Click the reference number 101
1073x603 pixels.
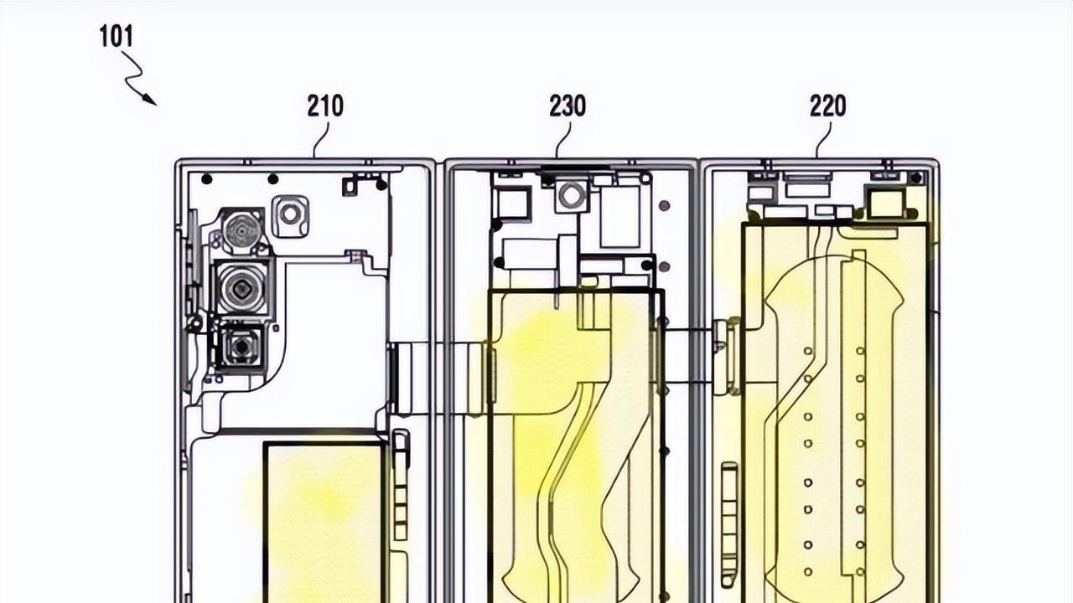tap(117, 37)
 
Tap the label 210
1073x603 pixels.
tap(325, 106)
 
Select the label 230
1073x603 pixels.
tap(568, 106)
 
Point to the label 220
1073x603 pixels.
tap(828, 106)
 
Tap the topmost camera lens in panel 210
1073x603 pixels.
tap(243, 229)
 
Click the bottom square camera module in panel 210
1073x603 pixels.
tap(242, 347)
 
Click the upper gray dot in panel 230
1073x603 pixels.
tap(665, 205)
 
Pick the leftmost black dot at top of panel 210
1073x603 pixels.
tap(206, 178)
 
